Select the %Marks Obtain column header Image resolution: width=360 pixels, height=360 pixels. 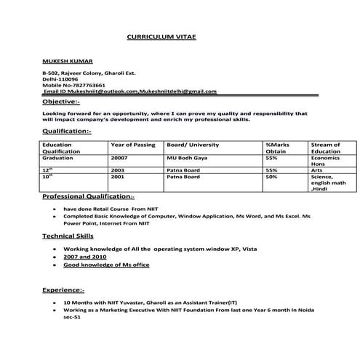[x=277, y=148]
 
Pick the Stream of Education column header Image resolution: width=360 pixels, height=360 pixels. [x=325, y=148]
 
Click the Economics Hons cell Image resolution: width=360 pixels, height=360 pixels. [x=324, y=160]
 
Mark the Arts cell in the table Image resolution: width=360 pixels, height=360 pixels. [x=316, y=169]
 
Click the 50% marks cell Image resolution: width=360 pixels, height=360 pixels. [x=271, y=177]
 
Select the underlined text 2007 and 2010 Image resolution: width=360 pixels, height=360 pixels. [x=85, y=257]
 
